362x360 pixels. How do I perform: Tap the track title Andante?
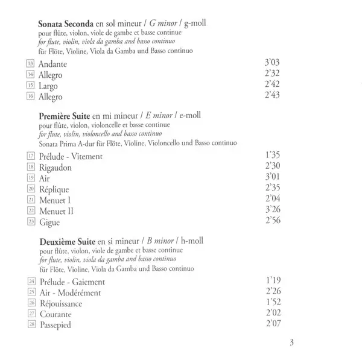51,63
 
